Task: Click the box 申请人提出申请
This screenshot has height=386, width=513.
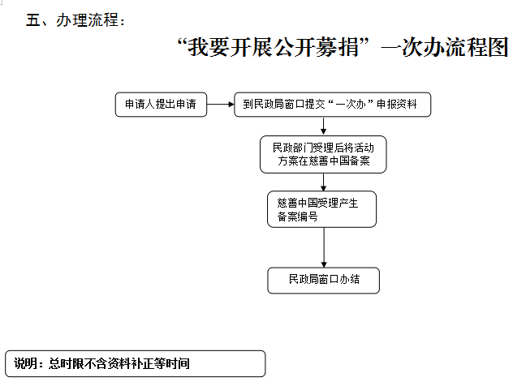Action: coord(161,105)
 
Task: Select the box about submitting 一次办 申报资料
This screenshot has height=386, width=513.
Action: coord(333,105)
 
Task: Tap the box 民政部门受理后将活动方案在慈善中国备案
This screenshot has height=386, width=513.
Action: coord(323,154)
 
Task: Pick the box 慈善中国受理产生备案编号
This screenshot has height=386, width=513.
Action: coord(322,209)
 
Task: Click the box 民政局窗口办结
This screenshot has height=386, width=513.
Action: coord(324,281)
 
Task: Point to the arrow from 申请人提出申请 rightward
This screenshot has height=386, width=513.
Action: coord(221,105)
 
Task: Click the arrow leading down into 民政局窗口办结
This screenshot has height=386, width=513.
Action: coord(324,247)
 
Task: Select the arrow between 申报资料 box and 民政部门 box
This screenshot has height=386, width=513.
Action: coord(323,127)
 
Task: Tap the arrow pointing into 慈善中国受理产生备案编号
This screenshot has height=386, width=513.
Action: coord(324,182)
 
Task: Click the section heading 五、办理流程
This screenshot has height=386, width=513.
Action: coord(75,20)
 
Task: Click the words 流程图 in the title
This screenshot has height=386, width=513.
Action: coord(476,47)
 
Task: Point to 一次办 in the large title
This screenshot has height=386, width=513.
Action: coord(412,47)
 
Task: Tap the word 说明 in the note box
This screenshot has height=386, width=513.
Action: coord(25,363)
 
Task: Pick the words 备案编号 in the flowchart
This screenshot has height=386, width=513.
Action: coord(297,216)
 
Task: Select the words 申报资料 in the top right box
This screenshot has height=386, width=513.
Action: coord(397,105)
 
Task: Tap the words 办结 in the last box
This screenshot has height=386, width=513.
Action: coord(350,279)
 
